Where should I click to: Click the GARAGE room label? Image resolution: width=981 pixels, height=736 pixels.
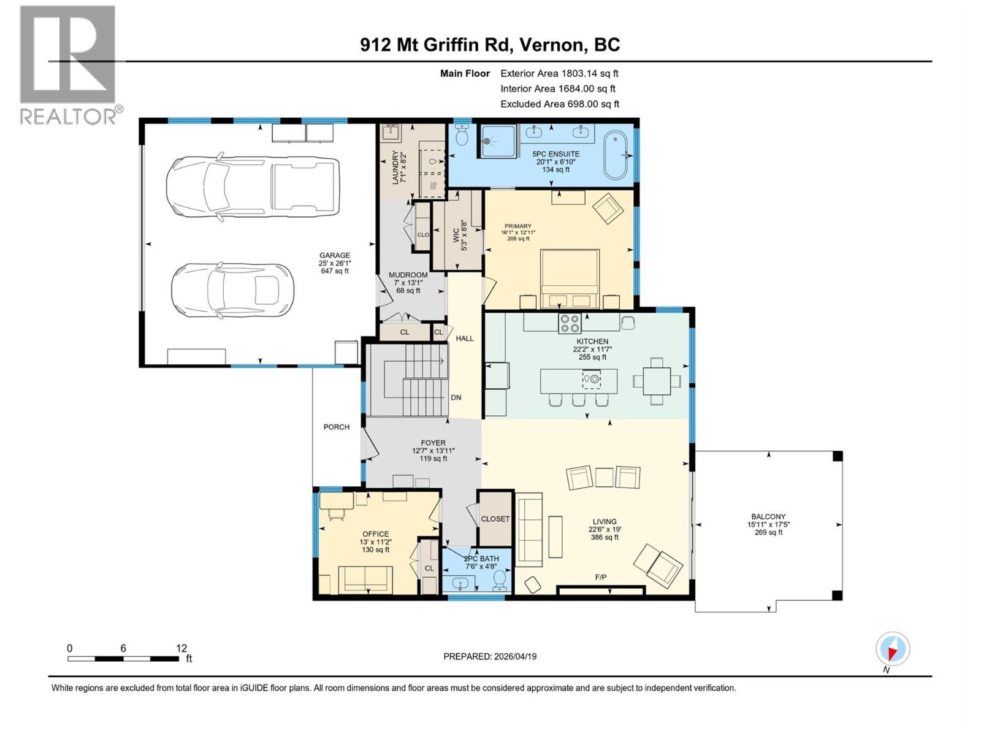coord(334,256)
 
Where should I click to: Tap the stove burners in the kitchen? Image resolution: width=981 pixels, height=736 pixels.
coord(569,323)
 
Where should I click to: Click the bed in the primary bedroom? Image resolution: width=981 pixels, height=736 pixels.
coord(570,277)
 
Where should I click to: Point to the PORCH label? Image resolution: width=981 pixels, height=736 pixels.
coord(336,427)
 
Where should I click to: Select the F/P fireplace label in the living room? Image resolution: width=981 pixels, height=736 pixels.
coord(600,577)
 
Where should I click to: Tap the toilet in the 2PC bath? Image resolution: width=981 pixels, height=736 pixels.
coord(500,578)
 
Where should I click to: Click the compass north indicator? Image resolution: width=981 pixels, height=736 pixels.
coord(893,649)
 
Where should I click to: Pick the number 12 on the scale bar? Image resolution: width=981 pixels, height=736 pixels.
coord(181,648)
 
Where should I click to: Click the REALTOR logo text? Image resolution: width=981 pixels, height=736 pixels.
coord(69,116)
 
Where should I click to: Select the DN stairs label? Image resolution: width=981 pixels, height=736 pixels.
coord(456,397)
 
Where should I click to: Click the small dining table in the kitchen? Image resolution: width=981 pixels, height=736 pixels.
coord(657,381)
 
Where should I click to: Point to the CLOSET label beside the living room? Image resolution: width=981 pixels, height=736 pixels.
coord(495,519)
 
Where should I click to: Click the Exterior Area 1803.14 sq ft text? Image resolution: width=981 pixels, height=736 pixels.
coord(559,73)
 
